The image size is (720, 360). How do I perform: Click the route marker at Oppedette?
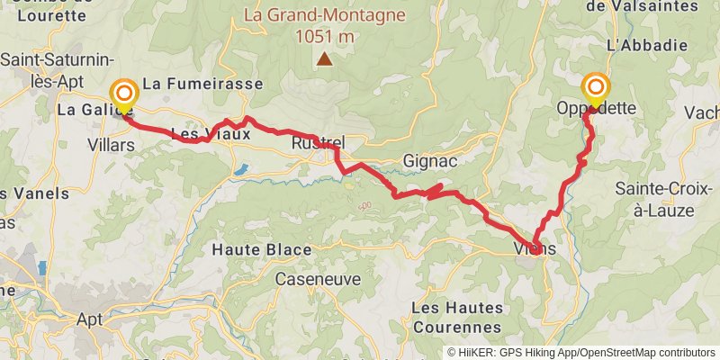coord(596,89)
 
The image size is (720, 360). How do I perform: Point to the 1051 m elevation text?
coord(324,37)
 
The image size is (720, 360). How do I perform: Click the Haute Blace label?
coord(262,249)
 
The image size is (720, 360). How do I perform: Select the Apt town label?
coord(90,319)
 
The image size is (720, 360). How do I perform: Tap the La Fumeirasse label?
coord(203,84)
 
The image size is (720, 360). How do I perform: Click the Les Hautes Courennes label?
coord(456,317)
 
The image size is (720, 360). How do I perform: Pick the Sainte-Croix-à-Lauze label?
coord(654,199)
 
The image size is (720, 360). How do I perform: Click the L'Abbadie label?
coord(634,44)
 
